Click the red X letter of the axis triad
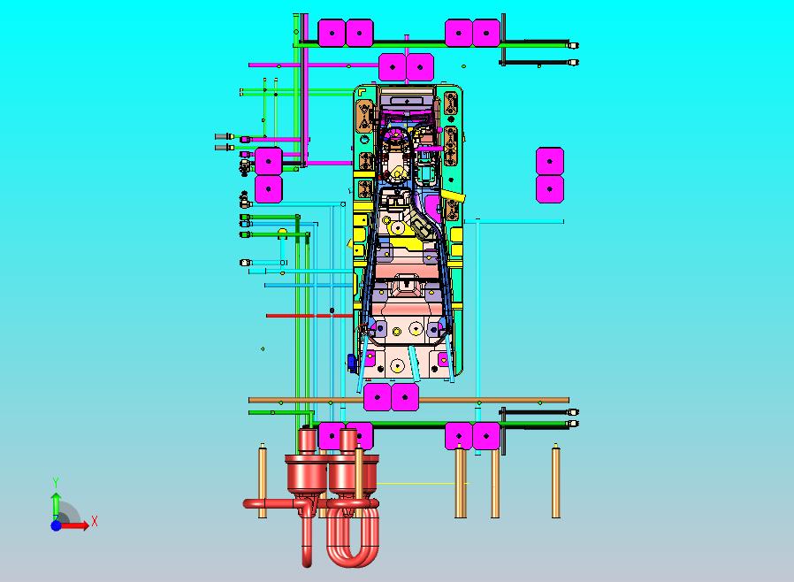point(95,521)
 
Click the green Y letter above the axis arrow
point(56,482)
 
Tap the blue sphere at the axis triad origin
point(56,525)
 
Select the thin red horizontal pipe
point(309,316)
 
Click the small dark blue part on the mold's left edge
point(351,362)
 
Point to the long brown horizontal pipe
point(408,400)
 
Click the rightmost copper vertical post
point(555,480)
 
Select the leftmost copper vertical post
point(263,480)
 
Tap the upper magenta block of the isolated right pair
point(550,162)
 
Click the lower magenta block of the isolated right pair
point(550,189)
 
